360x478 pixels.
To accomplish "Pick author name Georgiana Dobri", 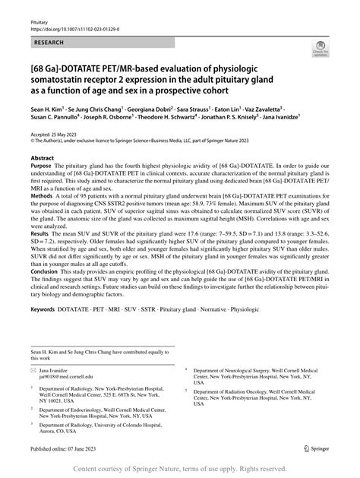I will coord(150,110).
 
